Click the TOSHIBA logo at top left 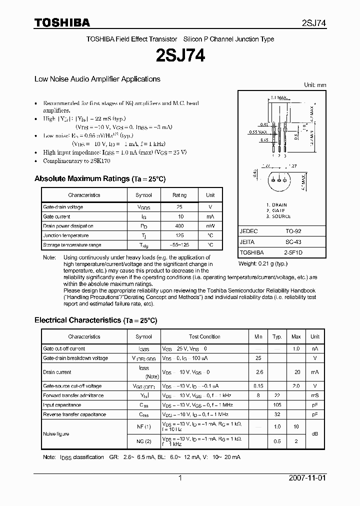(62, 22)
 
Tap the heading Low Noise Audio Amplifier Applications (97, 79)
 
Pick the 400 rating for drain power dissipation (179, 226)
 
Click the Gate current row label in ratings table (56, 216)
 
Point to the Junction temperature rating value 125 (179, 235)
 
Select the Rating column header (179, 195)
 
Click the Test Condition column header (204, 337)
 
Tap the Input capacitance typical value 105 (277, 405)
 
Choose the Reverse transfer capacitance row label (74, 414)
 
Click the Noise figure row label (56, 434)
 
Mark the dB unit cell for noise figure (315, 434)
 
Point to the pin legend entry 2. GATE (276, 210)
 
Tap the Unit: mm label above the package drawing (315, 85)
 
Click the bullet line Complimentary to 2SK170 (76, 161)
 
